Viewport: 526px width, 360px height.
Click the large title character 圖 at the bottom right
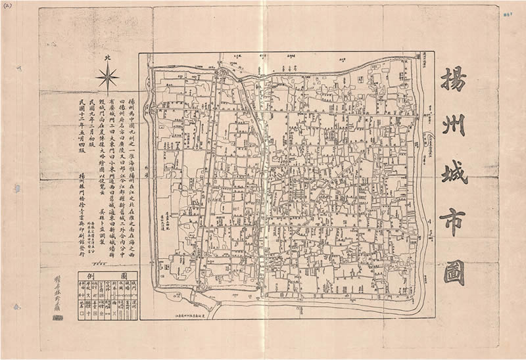(x=453, y=271)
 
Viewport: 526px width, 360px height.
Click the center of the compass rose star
(x=107, y=79)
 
